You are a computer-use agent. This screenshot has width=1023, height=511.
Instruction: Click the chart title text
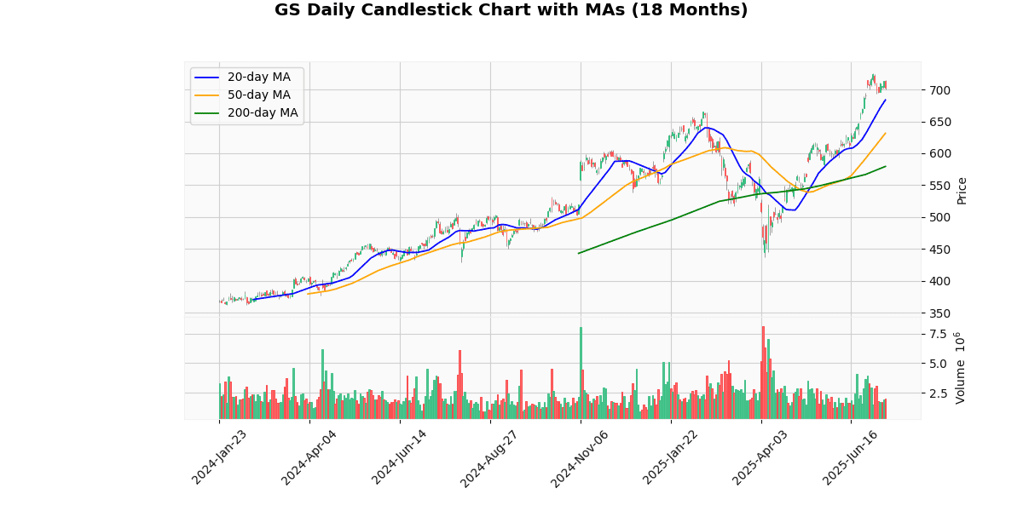pos(511,10)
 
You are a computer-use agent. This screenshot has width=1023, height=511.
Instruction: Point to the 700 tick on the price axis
pos(939,90)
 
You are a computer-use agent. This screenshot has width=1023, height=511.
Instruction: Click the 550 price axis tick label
pos(939,186)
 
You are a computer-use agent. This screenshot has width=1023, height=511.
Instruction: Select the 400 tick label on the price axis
pos(939,282)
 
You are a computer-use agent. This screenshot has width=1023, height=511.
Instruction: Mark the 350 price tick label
pos(939,313)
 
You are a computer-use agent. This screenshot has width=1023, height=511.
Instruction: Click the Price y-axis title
pos(962,190)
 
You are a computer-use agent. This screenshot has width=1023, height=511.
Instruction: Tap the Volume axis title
pos(960,366)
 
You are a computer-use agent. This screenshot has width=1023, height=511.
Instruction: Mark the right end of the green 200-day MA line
pos(886,166)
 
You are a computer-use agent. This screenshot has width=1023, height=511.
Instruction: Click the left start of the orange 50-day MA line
pos(308,294)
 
